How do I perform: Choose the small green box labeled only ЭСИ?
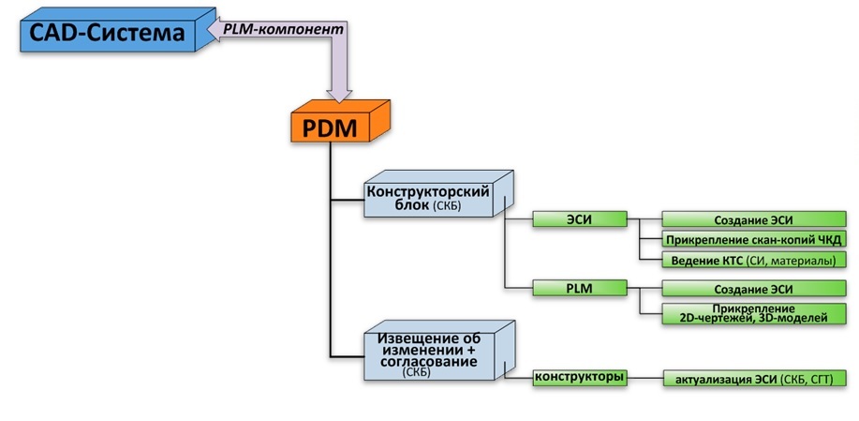579,219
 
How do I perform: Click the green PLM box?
579,287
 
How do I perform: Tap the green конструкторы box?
579,378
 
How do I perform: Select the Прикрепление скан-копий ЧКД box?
755,239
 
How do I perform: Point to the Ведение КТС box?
755,260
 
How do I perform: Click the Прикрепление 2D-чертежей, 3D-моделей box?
755,313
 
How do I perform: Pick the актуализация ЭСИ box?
755,379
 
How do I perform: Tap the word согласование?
430,361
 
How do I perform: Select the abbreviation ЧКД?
829,239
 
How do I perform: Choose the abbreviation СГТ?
825,379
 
